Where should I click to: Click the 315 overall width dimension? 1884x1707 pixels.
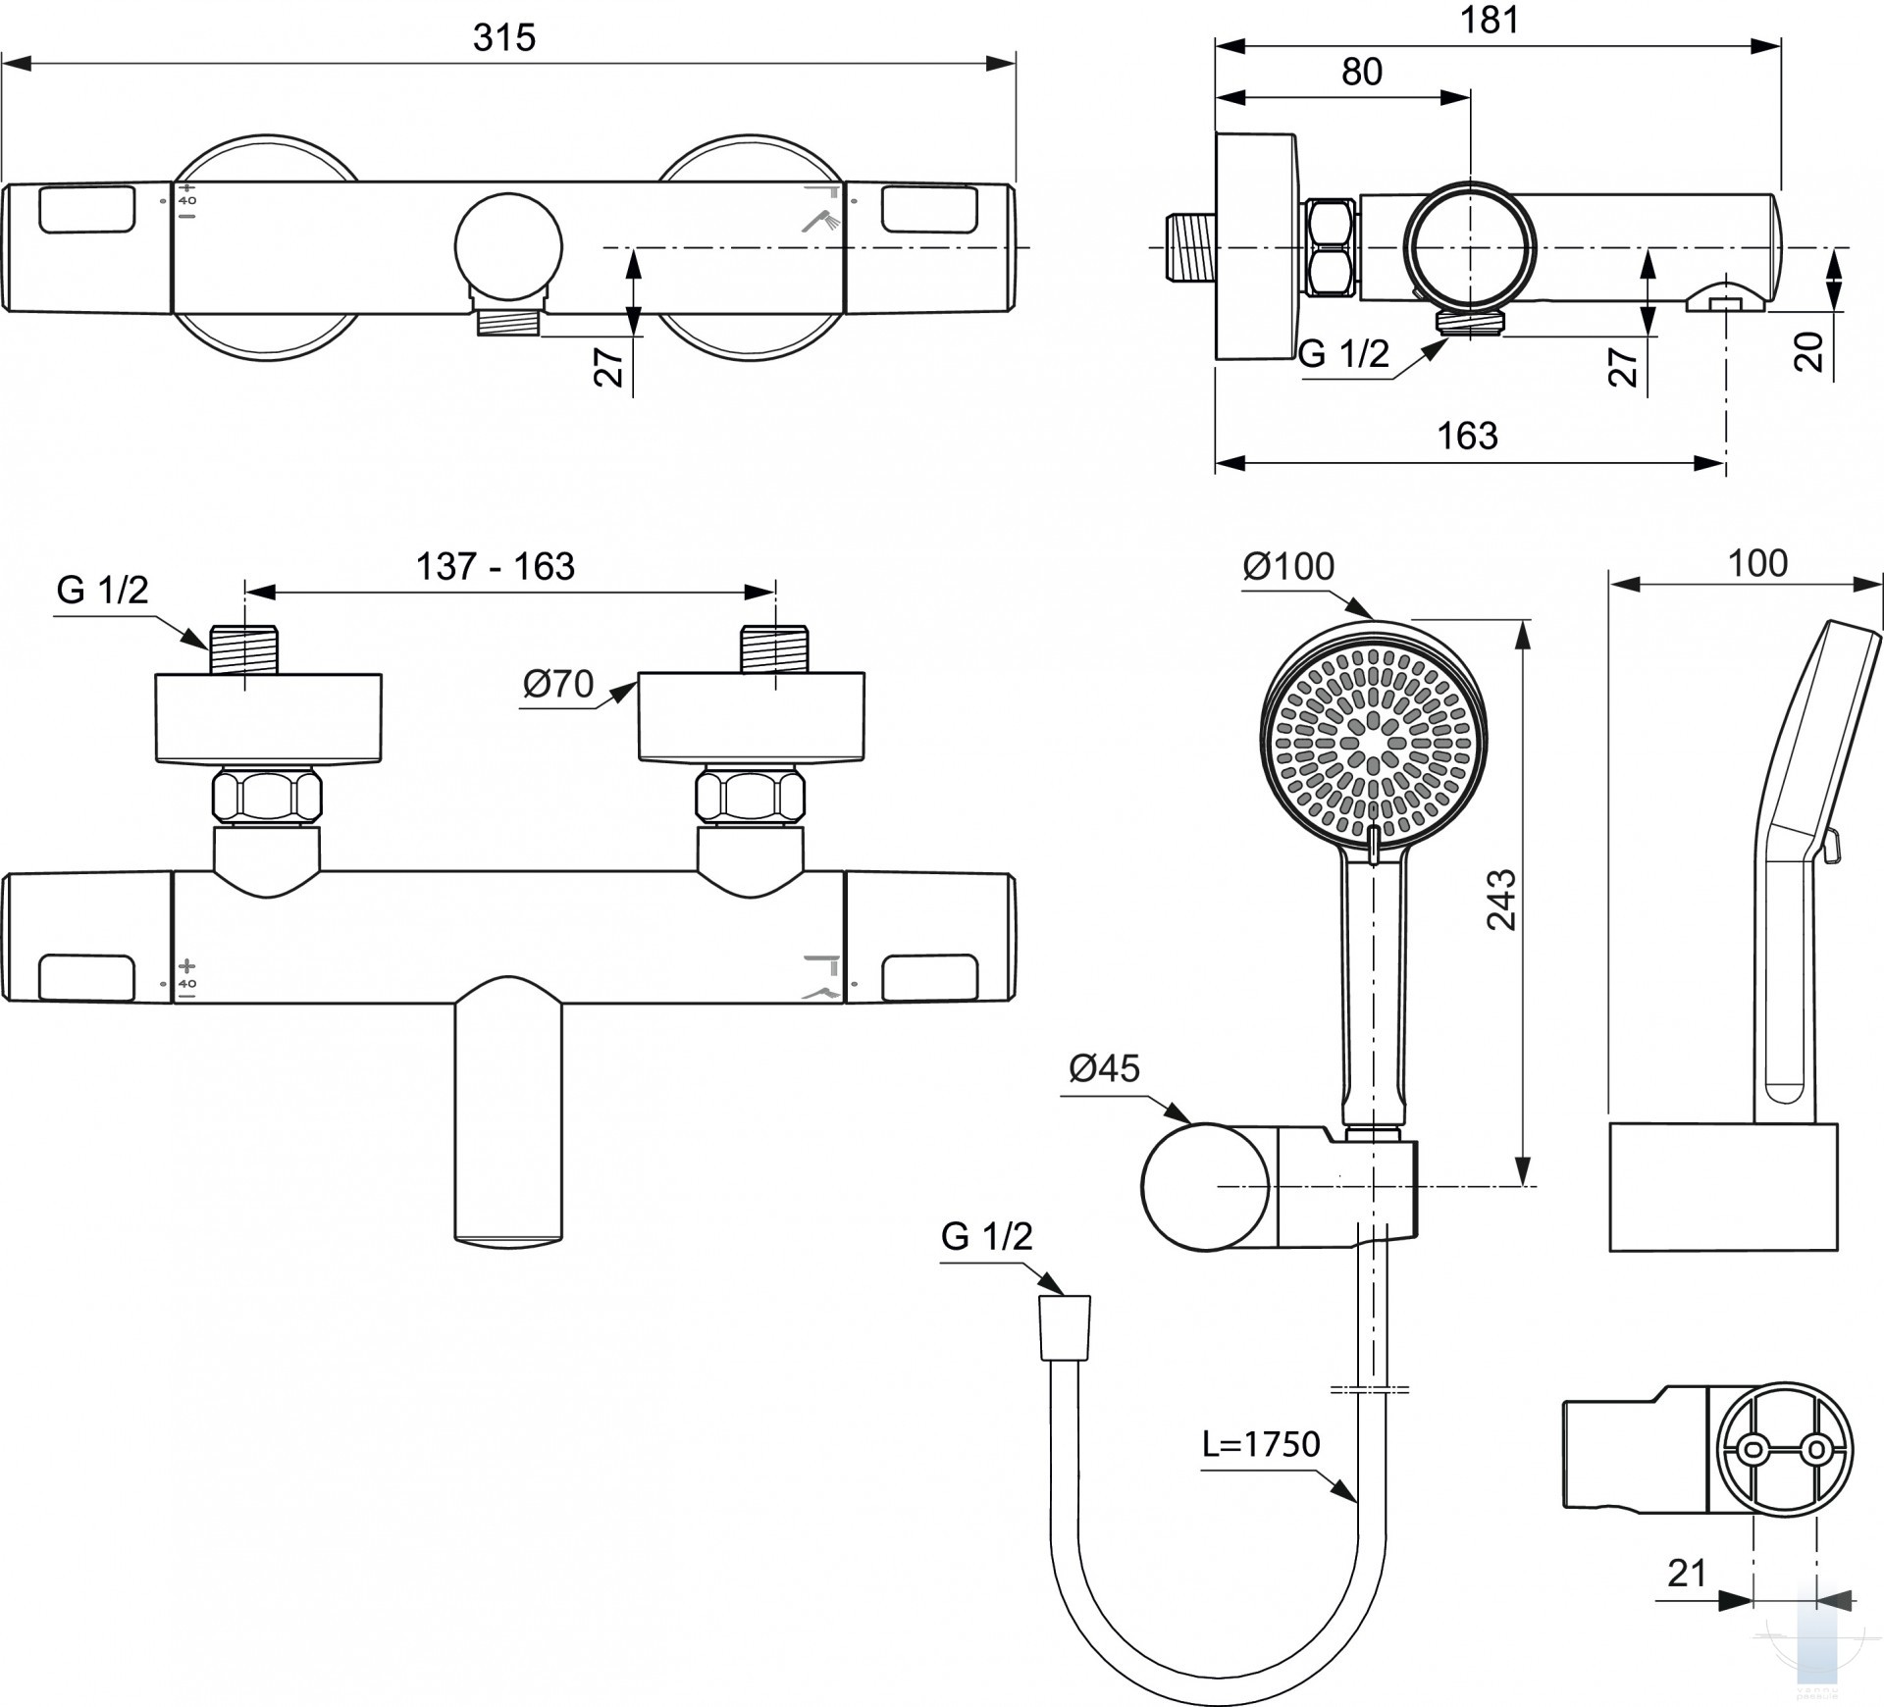(504, 38)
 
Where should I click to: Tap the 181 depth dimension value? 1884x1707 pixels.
(1489, 20)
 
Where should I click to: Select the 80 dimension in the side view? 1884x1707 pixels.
(1362, 72)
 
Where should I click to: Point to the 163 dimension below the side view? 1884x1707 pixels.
(1468, 436)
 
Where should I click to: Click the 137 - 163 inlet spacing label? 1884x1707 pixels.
(496, 566)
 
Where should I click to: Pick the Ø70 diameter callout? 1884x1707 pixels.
(558, 683)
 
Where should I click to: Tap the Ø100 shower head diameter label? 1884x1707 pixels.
(1288, 566)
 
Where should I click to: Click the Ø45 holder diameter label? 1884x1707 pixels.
(1105, 1068)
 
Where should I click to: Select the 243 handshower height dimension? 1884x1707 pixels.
(1501, 900)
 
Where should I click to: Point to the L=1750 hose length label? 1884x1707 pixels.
(1262, 1444)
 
